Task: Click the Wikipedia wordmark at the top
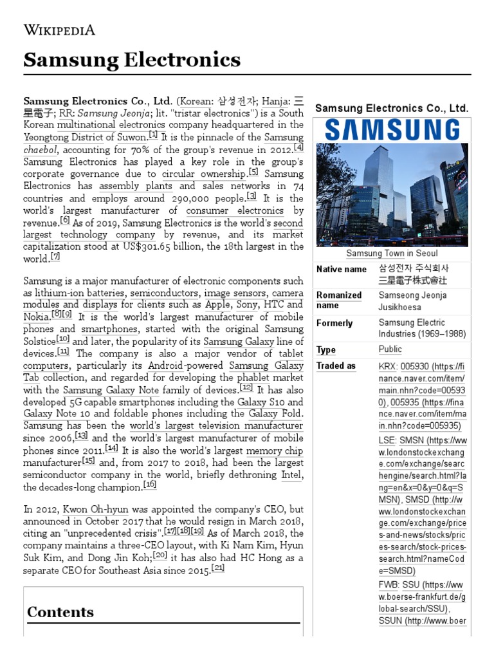(59, 30)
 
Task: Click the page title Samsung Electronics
(132, 60)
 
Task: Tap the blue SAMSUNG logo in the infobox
(392, 131)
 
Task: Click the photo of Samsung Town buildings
(392, 195)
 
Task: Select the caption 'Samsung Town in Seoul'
(392, 254)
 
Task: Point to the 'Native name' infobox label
(342, 269)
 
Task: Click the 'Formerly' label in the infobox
(334, 323)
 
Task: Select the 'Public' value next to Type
(390, 349)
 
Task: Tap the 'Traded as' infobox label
(336, 366)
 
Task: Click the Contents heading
(60, 612)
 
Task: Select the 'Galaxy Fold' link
(277, 413)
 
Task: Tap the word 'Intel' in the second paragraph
(291, 475)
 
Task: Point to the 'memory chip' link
(274, 451)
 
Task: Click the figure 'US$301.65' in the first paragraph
(110, 246)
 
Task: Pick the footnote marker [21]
(217, 568)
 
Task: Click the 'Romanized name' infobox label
(339, 300)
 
